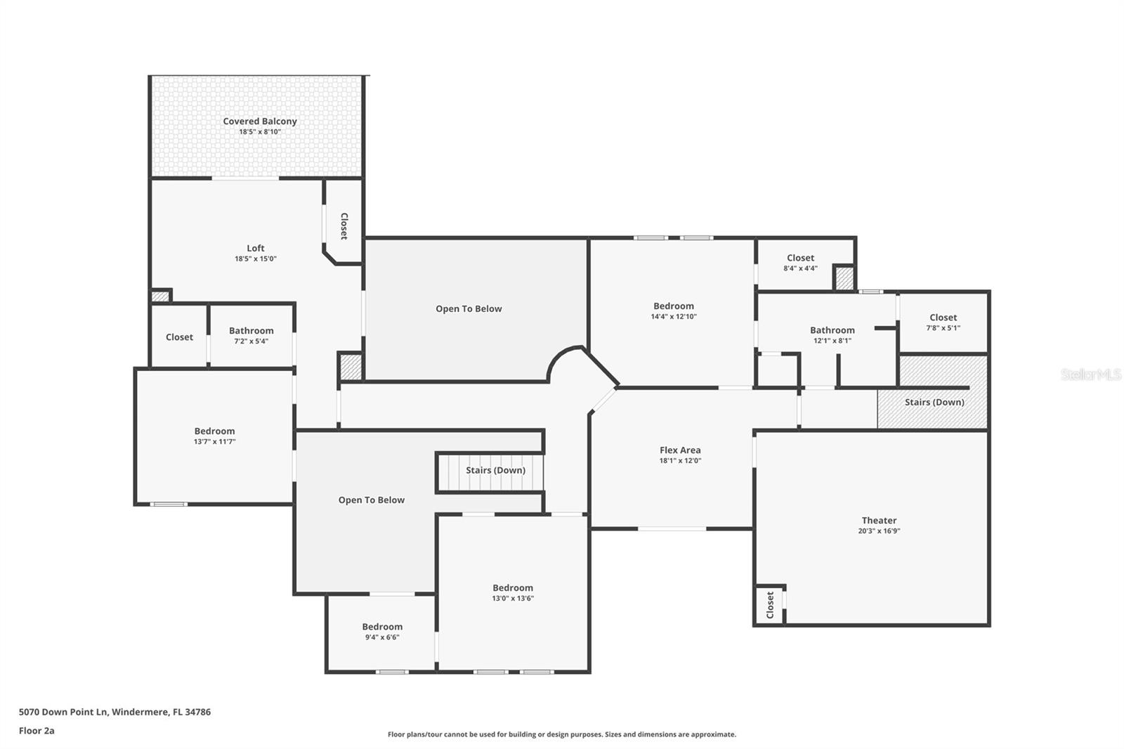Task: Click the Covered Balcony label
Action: point(259,122)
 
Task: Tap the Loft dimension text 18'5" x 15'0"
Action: point(255,259)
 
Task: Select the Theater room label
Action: point(879,521)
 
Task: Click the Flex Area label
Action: point(679,450)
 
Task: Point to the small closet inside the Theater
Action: point(770,604)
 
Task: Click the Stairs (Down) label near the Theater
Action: point(934,403)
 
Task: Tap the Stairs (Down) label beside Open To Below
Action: point(495,470)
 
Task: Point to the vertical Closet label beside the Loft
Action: point(344,226)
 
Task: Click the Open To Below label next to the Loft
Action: point(469,309)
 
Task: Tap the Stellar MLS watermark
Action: point(1090,375)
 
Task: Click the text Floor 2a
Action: point(37,731)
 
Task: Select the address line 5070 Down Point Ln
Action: point(115,712)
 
